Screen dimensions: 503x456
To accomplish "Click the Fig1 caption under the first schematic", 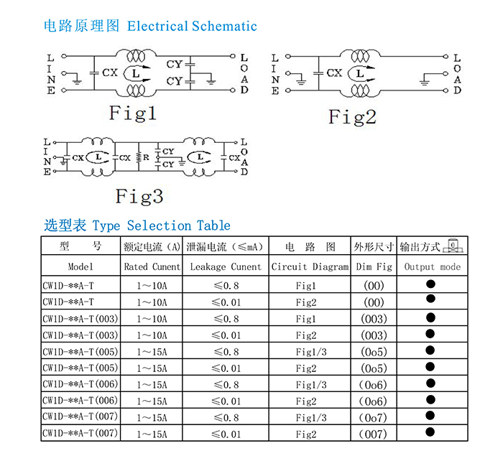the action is pyautogui.click(x=132, y=113).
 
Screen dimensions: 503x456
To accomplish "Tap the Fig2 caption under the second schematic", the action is pyautogui.click(x=352, y=117).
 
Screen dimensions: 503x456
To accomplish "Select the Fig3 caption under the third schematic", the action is pyautogui.click(x=139, y=196).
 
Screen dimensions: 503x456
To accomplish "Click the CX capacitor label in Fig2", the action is pyautogui.click(x=334, y=73).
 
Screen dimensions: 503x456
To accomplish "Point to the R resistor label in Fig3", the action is pyautogui.click(x=146, y=157).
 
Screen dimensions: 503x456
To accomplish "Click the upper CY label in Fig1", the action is pyautogui.click(x=175, y=65).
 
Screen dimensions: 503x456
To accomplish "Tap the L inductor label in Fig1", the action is pyautogui.click(x=136, y=74).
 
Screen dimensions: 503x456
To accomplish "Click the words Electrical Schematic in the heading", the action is pyautogui.click(x=192, y=27).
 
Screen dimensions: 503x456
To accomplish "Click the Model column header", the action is pyautogui.click(x=80, y=266).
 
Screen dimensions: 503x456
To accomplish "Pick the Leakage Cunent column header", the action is pyautogui.click(x=226, y=267).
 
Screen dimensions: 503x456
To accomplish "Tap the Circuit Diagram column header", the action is pyautogui.click(x=310, y=267).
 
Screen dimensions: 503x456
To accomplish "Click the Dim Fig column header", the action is pyautogui.click(x=374, y=267).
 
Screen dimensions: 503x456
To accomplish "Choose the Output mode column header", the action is pyautogui.click(x=432, y=267).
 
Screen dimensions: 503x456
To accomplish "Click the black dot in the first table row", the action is pyautogui.click(x=430, y=284).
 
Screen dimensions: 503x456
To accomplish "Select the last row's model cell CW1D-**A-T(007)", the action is pyautogui.click(x=80, y=433).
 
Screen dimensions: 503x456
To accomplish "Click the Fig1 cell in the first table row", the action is pyautogui.click(x=305, y=286).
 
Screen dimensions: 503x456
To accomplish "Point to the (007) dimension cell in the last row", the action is pyautogui.click(x=373, y=434).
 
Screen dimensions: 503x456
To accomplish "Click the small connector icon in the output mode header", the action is pyautogui.click(x=453, y=246).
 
